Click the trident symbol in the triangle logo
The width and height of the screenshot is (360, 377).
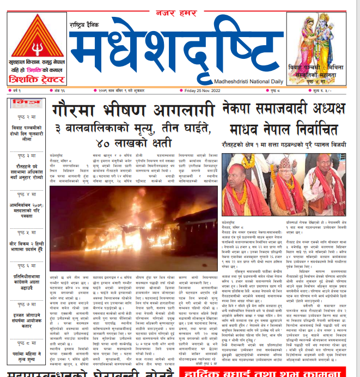pos(36,42)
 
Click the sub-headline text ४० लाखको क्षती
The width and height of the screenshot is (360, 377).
pos(134,144)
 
